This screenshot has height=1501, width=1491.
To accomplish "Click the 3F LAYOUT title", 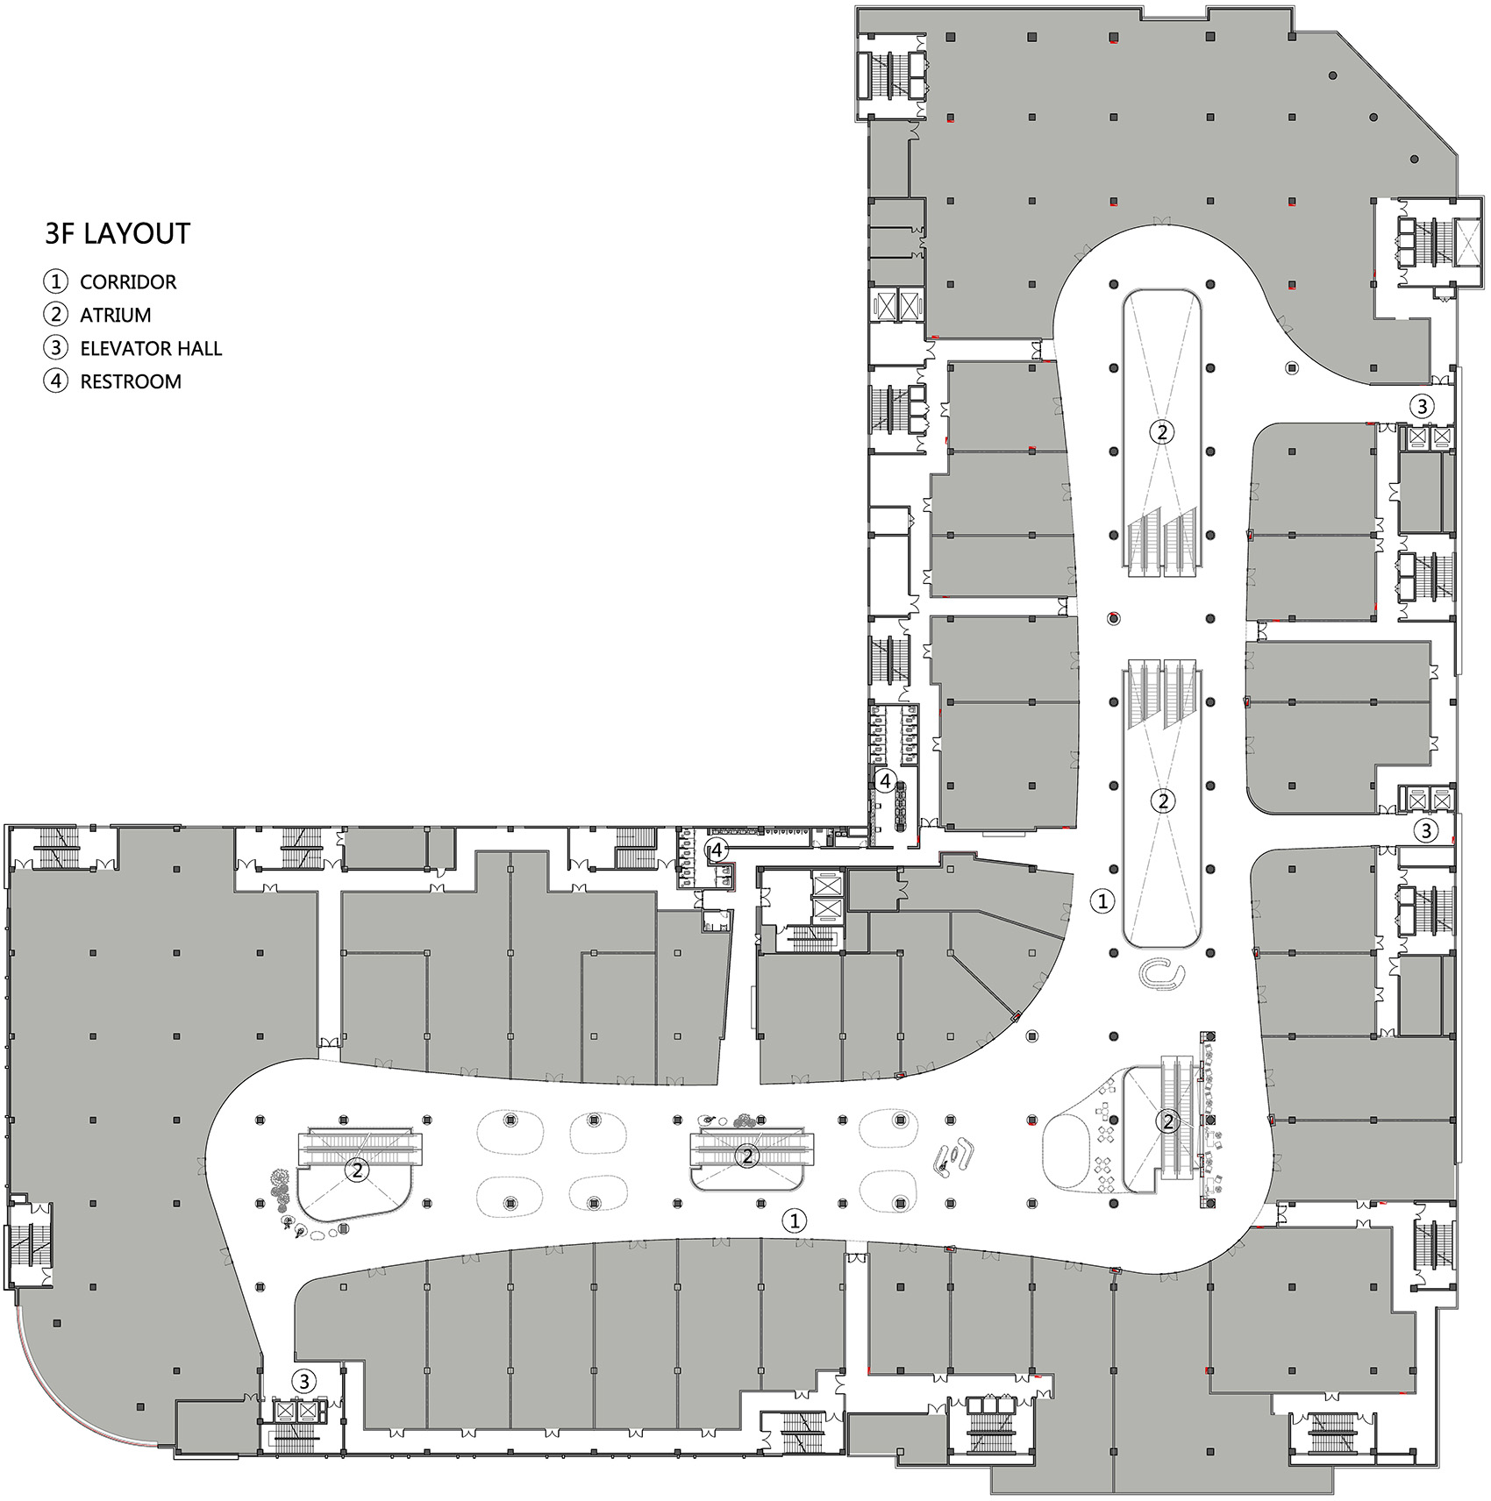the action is (118, 233).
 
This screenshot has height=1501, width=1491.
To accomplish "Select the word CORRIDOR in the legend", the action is (128, 282).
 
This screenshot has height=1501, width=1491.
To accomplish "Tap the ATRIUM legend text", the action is (115, 315).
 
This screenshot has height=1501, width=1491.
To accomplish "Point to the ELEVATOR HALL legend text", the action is (151, 348).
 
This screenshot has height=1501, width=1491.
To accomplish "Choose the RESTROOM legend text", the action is (131, 381).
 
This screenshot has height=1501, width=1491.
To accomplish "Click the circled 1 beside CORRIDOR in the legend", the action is (55, 281).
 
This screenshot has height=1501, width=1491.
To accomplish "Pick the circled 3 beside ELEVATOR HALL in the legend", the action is (55, 348).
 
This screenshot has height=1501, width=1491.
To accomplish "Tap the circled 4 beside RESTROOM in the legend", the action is (55, 381).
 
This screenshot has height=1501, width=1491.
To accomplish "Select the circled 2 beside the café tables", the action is (1167, 1120).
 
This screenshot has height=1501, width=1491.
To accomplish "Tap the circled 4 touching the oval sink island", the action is (885, 779).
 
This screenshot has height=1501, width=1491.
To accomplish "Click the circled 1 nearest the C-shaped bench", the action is (1102, 900).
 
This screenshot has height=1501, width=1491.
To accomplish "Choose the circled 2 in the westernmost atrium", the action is (357, 1169).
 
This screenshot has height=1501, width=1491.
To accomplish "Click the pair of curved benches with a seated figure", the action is (953, 1156).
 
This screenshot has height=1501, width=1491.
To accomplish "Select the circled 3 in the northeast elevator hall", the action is (1422, 406).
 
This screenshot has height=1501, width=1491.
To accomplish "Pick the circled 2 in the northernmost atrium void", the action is (1162, 431).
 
